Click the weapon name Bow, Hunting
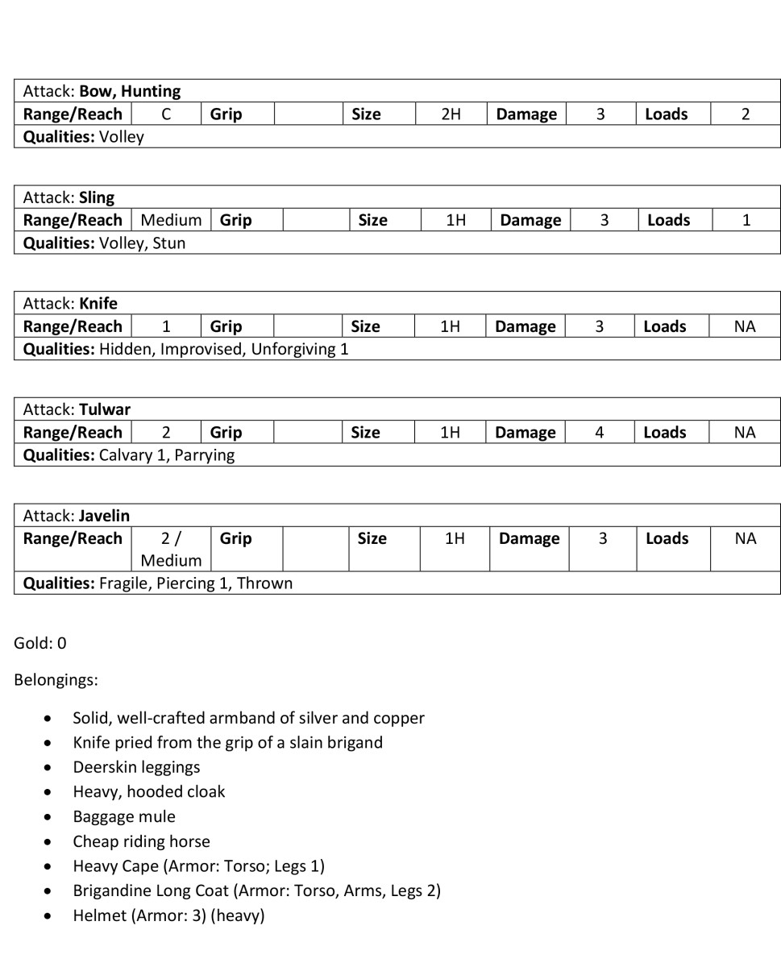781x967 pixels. click(130, 91)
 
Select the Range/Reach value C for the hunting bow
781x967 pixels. click(166, 114)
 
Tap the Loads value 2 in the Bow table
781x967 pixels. click(746, 114)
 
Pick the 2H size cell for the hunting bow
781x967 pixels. click(451, 114)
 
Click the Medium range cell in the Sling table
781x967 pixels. click(171, 220)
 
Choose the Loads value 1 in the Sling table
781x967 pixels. click(746, 220)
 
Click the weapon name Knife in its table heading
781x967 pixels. click(98, 304)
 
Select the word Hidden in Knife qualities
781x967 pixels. click(125, 349)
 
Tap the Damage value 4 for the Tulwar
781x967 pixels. click(600, 433)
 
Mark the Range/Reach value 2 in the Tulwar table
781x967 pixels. click(166, 433)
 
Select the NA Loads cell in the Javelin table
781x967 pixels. click(746, 538)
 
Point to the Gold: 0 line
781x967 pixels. click(40, 643)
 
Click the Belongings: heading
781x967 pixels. click(56, 680)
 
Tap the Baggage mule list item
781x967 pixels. click(124, 816)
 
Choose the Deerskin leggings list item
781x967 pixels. click(136, 767)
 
